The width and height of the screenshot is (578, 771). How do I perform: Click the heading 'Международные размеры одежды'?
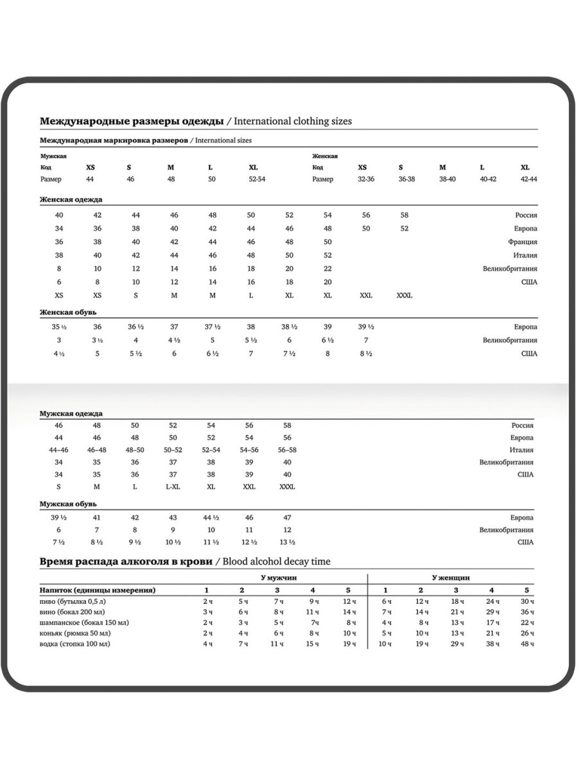pos(132,121)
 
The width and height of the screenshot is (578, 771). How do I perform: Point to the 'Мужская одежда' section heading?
pos(71,414)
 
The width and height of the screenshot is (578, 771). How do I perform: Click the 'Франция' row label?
pos(522,242)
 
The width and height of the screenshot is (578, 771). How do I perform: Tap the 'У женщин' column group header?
pos(451,578)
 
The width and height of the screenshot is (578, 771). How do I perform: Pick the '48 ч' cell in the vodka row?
pos(527,644)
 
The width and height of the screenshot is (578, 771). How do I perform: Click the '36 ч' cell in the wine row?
pos(527,612)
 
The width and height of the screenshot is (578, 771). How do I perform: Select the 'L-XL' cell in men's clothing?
pos(173,487)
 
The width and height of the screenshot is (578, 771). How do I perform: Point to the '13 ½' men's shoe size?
pos(287,542)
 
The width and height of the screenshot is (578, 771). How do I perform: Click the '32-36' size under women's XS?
pos(366,179)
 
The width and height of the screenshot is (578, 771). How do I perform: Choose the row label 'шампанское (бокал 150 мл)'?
pos(84,623)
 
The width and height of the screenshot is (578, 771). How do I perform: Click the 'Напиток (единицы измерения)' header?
pos(98,590)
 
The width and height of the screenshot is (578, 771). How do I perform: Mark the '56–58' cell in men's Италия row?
pos(287,450)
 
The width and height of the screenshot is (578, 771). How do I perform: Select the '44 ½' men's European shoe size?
pos(211,518)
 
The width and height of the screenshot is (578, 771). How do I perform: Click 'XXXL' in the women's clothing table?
pos(405,296)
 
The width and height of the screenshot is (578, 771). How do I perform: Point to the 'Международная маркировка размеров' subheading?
pos(114,140)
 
